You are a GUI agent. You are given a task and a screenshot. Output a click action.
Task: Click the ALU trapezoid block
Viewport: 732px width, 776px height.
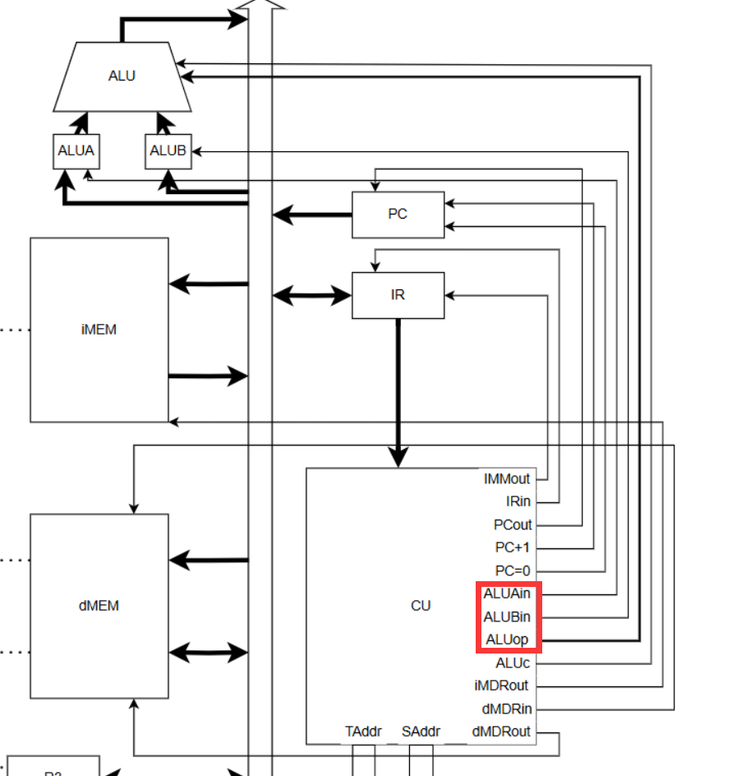(122, 76)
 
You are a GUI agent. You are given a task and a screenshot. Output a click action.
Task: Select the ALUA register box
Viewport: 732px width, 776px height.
(76, 151)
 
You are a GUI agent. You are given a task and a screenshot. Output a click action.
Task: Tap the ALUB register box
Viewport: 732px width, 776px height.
(168, 151)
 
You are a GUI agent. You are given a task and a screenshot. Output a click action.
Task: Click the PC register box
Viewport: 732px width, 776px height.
(398, 215)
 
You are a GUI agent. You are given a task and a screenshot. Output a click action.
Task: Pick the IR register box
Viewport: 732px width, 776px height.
(398, 295)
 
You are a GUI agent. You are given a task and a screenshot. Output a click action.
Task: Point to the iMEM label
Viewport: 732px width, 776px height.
(99, 330)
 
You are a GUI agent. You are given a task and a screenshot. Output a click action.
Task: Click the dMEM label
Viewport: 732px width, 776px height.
(99, 606)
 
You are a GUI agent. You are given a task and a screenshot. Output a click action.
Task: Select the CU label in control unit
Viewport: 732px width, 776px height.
(421, 606)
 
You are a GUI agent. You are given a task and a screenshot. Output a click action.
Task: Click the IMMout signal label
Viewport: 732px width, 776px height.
(507, 478)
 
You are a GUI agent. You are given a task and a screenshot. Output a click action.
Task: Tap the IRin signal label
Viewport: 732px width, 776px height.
(518, 501)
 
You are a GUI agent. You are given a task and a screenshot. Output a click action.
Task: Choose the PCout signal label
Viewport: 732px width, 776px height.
(513, 524)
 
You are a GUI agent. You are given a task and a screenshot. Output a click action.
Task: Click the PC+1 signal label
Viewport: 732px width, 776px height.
(513, 547)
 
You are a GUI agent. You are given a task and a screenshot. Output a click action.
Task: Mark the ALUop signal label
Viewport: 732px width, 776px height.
(507, 640)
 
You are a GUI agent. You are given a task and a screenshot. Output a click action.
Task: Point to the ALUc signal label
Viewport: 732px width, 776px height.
(513, 663)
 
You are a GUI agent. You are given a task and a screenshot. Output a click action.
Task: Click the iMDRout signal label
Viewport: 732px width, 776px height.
(501, 686)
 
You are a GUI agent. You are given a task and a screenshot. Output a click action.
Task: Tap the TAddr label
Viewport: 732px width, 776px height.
(363, 732)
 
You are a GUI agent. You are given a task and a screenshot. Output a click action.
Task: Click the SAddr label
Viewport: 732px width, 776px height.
(421, 732)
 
